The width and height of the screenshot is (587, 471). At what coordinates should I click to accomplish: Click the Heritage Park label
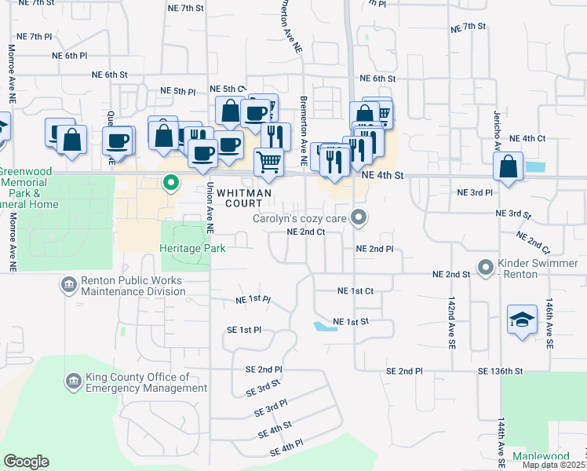click(x=192, y=249)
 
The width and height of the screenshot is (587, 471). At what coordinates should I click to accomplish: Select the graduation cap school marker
click(x=522, y=319)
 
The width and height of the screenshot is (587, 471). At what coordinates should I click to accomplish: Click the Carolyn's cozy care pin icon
click(x=359, y=217)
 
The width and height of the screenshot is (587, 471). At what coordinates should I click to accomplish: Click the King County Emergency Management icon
click(x=72, y=382)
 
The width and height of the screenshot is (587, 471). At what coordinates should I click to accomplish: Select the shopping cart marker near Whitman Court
click(x=269, y=162)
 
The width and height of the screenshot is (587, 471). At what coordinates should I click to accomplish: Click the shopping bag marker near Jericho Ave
click(x=509, y=166)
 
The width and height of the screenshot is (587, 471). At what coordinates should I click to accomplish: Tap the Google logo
click(x=26, y=462)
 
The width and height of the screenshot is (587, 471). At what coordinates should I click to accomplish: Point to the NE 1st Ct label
click(x=355, y=290)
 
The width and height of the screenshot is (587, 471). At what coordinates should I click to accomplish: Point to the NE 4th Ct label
click(x=527, y=138)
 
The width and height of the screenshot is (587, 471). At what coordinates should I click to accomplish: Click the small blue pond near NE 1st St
click(x=324, y=326)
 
